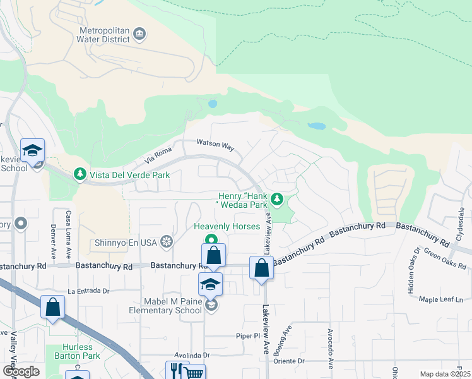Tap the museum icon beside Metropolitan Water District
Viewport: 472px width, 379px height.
coord(139,33)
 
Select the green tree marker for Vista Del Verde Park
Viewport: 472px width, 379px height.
coord(80,173)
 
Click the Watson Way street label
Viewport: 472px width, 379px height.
coord(215,145)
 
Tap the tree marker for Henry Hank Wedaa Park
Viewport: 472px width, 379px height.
coord(276,200)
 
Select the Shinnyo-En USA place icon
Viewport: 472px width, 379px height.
coord(167,241)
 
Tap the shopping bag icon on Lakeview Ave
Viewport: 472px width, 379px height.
coord(261,268)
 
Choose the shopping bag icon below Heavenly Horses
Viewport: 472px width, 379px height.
coord(214,256)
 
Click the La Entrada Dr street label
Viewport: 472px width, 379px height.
coord(89,291)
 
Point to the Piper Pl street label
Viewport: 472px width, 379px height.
coord(249,336)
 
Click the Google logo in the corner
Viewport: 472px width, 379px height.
coord(21,371)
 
